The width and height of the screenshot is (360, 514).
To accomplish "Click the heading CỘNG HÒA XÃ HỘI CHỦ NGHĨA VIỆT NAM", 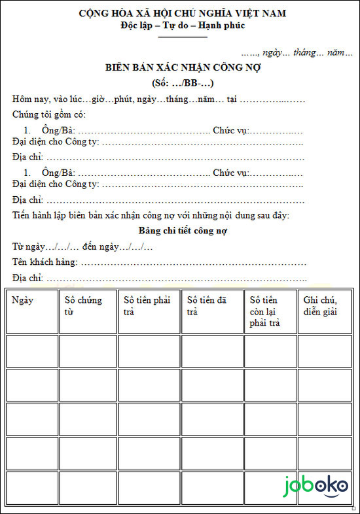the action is pos(182,13).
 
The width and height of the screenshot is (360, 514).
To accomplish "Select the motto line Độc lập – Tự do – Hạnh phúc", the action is pos(183,26).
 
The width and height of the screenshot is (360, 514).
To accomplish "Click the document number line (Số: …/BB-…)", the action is pos(183,83).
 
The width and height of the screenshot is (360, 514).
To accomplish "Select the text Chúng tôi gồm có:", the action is pos(49,114).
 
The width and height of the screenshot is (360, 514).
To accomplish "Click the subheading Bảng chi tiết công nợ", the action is pos(183,231).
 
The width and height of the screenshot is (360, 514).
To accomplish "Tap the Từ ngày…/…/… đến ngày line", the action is pos(82,247).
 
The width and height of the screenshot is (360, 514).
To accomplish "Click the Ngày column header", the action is pos(23,300).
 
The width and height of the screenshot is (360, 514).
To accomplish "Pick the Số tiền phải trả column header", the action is pos(147,305).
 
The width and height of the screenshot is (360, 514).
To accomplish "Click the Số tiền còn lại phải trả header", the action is pos(265,311).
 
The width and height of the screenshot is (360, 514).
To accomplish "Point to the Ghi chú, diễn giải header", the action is pos(320,305).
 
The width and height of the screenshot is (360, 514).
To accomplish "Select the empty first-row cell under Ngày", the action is pos(31,351).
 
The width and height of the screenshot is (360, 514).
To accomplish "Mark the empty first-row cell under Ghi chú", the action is pos(325,351).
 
